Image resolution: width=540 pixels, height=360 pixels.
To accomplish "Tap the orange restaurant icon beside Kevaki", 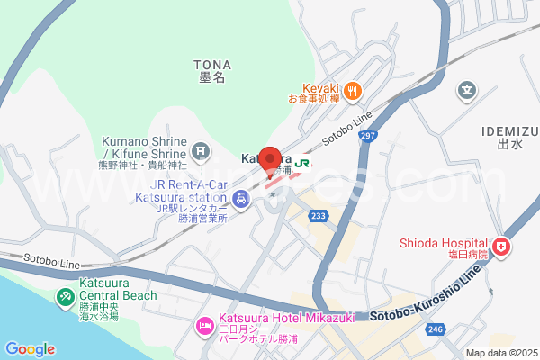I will [354, 89].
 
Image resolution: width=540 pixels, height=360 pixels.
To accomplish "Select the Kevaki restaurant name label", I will [319, 88].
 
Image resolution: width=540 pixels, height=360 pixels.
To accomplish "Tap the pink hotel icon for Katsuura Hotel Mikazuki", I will [204, 321].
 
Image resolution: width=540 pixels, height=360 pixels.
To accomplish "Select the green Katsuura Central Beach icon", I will [66, 296].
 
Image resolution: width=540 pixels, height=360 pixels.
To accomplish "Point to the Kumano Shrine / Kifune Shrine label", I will [143, 148].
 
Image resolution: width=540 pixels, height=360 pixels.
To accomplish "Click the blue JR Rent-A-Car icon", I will [240, 199].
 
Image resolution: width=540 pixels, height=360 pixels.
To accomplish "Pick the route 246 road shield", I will [435, 330].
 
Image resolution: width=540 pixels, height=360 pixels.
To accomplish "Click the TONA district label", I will [212, 65].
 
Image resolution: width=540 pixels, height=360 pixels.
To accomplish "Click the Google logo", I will [30, 349].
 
